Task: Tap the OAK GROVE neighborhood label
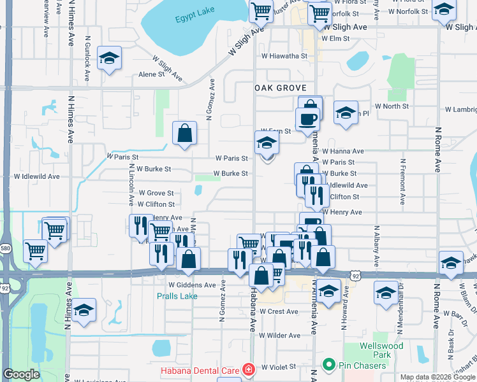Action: pos(281,88)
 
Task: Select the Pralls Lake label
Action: pos(177,296)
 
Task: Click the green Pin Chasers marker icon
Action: pos(329,365)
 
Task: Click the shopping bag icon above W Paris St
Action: pos(184,133)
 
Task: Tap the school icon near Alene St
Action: pos(110,59)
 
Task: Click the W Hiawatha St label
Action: pos(284,56)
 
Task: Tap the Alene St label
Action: pos(152,74)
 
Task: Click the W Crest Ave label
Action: pos(279,312)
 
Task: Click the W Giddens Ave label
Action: pos(192,285)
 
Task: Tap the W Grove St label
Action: pos(156,193)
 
